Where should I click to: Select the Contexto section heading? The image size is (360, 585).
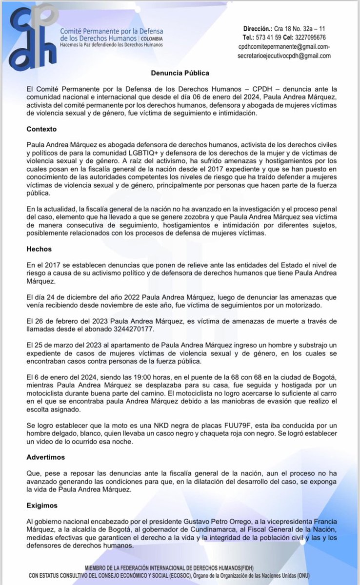point(41,131)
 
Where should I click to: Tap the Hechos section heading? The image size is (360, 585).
point(39,249)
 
